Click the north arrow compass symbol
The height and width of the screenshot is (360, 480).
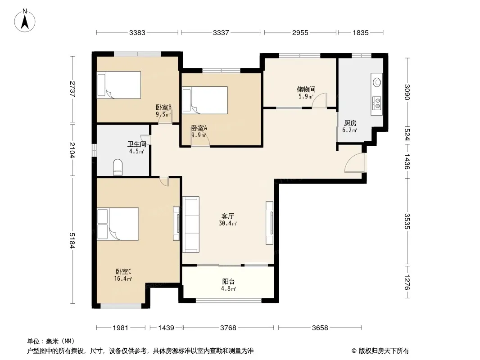[x=25, y=20]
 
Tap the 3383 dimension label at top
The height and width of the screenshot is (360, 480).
[x=137, y=32]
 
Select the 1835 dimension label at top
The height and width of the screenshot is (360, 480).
[x=361, y=32]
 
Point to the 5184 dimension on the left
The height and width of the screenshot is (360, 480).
[x=72, y=240]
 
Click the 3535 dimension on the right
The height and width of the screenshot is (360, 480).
[x=407, y=221]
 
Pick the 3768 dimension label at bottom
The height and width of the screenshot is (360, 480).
[x=228, y=328]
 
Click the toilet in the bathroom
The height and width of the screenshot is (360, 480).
[x=118, y=166]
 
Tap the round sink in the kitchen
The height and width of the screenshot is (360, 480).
[x=377, y=82]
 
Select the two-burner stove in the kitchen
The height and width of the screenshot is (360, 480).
[x=377, y=103]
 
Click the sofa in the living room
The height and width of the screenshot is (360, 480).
[x=191, y=225]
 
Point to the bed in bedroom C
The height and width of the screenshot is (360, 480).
[x=118, y=224]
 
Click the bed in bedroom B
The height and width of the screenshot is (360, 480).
[x=119, y=85]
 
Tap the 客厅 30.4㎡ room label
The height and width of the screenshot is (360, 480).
[x=228, y=220]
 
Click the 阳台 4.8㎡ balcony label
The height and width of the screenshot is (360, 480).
[x=228, y=285]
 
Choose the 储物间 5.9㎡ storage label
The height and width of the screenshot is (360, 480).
[x=306, y=93]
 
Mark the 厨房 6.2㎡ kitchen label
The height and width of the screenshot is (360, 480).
[x=350, y=126]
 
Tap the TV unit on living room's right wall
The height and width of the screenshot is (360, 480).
[x=269, y=223]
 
